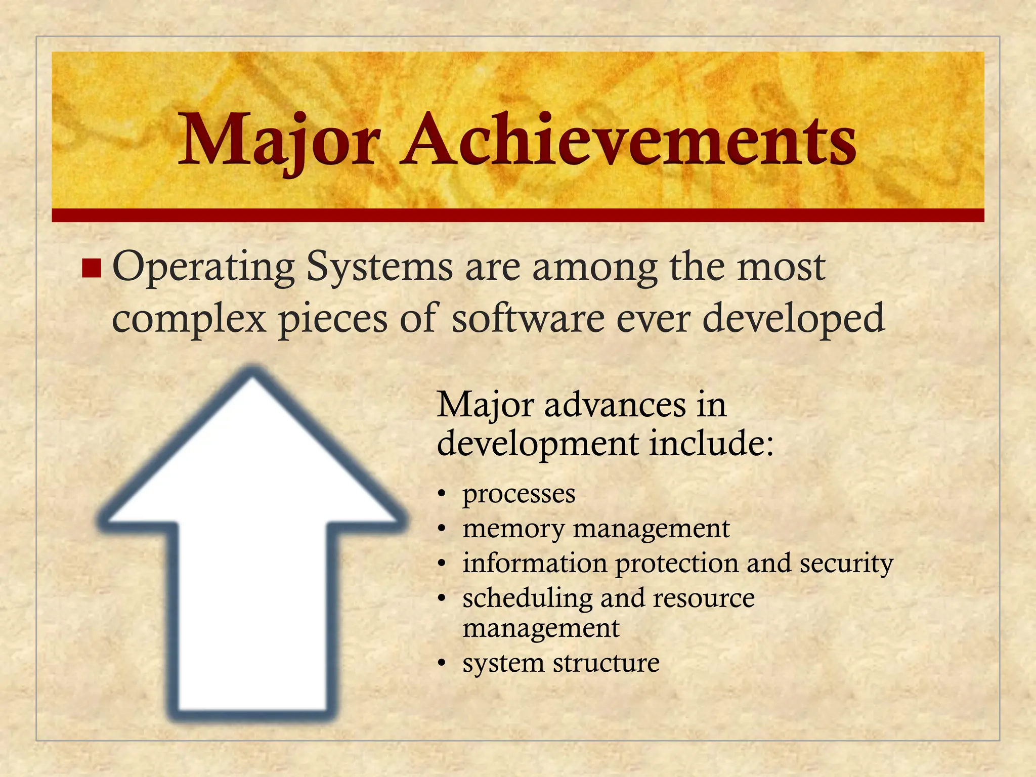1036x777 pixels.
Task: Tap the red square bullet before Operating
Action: [x=92, y=268]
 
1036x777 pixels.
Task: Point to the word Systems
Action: [x=379, y=267]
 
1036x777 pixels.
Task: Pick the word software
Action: [x=528, y=319]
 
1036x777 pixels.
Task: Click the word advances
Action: [x=615, y=405]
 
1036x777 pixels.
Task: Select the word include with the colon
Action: [x=711, y=443]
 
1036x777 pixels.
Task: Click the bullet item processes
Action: [x=519, y=494]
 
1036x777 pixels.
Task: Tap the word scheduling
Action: [x=527, y=598]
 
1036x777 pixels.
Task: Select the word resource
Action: [x=704, y=598]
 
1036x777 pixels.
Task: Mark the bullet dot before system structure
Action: [x=442, y=663]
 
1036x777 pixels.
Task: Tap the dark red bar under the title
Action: [x=517, y=215]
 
